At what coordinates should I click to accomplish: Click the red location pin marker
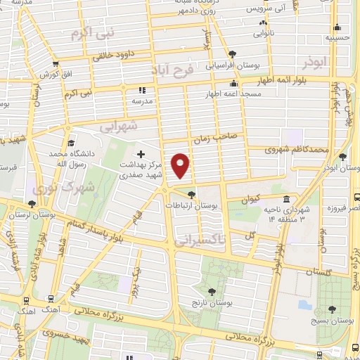pos(181,165)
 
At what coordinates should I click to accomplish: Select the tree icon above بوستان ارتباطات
pos(191,194)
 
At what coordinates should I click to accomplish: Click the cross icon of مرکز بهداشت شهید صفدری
pos(141,154)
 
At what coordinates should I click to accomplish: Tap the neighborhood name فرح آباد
pos(172,70)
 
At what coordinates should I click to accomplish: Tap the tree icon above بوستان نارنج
pos(211,290)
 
